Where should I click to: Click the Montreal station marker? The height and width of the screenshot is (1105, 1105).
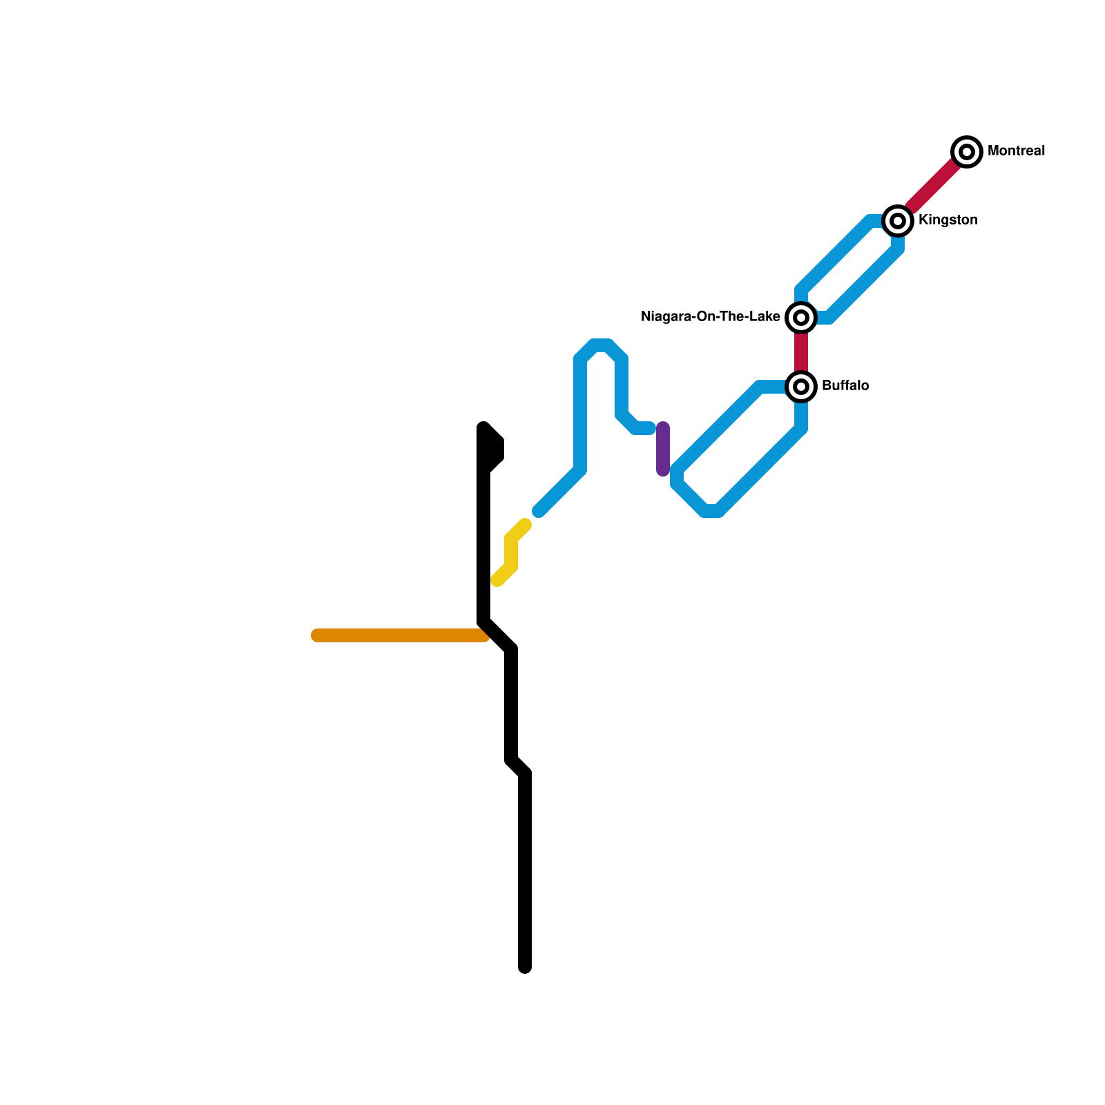[x=967, y=151]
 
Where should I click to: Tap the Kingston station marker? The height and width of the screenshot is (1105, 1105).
[x=898, y=220]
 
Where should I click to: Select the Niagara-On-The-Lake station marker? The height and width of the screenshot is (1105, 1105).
[x=801, y=317]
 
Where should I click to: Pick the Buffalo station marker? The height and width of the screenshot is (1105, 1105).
[x=801, y=386]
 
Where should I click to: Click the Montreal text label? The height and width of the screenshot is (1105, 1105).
[x=1016, y=151]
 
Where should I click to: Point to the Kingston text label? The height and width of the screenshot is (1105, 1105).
[x=948, y=220]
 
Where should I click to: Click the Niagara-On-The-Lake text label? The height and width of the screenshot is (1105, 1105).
[x=710, y=317]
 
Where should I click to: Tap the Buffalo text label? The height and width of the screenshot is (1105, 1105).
[x=845, y=386]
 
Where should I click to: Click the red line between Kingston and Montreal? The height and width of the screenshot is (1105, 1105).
[x=932, y=186]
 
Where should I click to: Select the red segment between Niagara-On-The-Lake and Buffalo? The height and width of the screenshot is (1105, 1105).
[x=801, y=352]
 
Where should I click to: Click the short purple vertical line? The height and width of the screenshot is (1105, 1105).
[x=663, y=449]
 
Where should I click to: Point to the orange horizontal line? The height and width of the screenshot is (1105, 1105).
[x=401, y=635]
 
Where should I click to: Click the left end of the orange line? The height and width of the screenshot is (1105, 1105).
[x=316, y=635]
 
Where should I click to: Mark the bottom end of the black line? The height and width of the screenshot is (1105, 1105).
[x=525, y=967]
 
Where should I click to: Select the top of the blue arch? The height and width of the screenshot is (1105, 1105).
[x=601, y=345]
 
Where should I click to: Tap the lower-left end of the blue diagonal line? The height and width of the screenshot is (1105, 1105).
[x=539, y=511]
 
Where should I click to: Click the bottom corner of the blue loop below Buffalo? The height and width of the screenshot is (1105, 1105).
[x=711, y=511]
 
